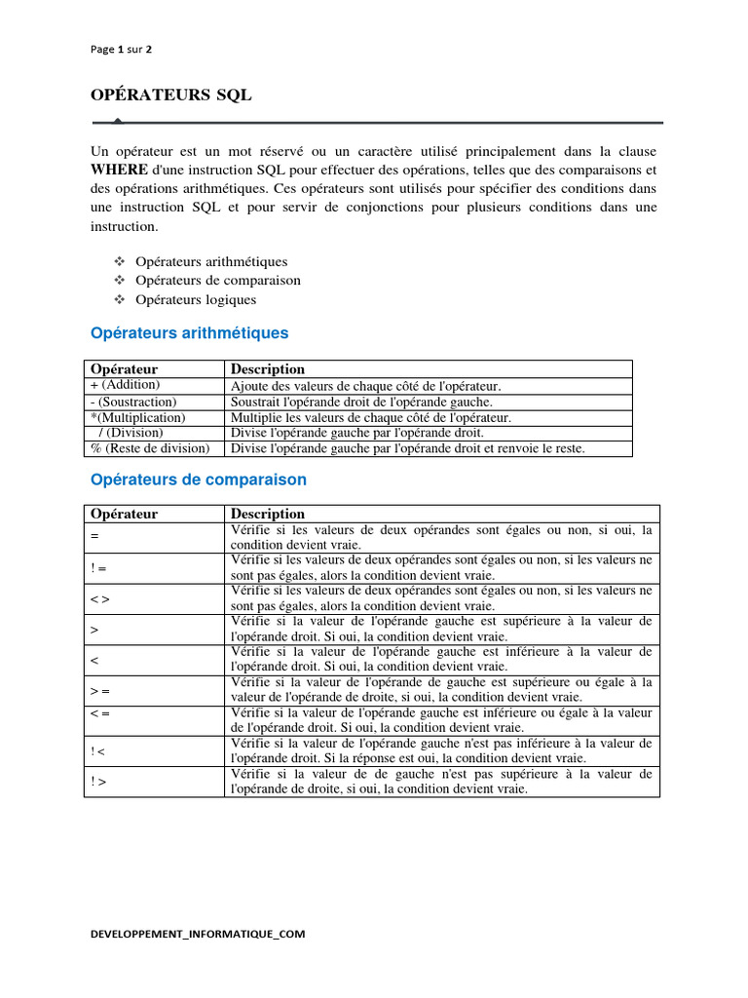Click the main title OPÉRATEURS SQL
tap(171, 95)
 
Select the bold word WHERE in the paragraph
tap(120, 170)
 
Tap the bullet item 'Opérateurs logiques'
tap(196, 299)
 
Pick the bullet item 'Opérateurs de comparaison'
tap(218, 281)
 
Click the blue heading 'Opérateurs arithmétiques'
tap(189, 333)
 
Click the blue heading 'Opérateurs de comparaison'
tap(198, 480)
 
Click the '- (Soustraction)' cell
tap(132, 402)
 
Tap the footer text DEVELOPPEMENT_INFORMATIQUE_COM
tap(198, 934)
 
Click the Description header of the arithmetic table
tap(268, 369)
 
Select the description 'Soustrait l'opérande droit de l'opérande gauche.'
tap(361, 402)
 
